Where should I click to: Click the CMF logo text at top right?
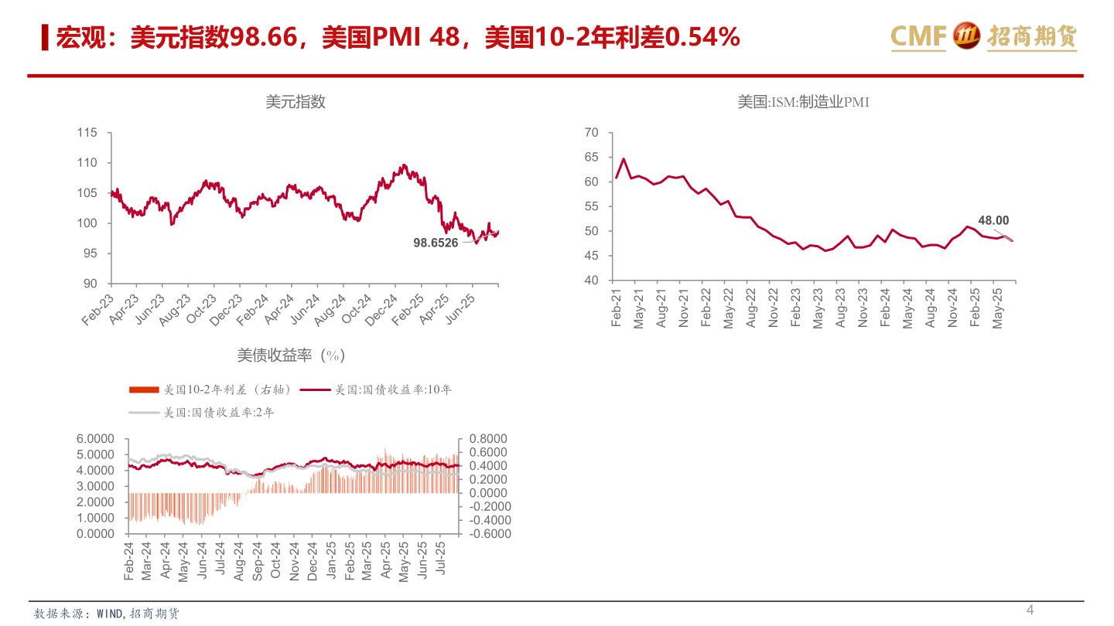click(918, 36)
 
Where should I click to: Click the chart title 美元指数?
click(296, 102)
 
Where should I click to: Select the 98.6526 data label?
click(436, 242)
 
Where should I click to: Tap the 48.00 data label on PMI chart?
click(993, 221)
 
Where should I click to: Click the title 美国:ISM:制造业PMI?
click(803, 102)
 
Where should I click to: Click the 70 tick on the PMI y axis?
click(592, 133)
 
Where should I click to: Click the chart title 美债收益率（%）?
click(290, 356)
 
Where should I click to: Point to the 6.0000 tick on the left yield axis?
click(95, 438)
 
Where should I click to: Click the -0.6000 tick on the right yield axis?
click(484, 533)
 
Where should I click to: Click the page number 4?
click(1030, 611)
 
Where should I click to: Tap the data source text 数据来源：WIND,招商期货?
click(107, 614)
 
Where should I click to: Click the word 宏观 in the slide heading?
click(73, 37)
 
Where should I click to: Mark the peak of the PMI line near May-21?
click(624, 159)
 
